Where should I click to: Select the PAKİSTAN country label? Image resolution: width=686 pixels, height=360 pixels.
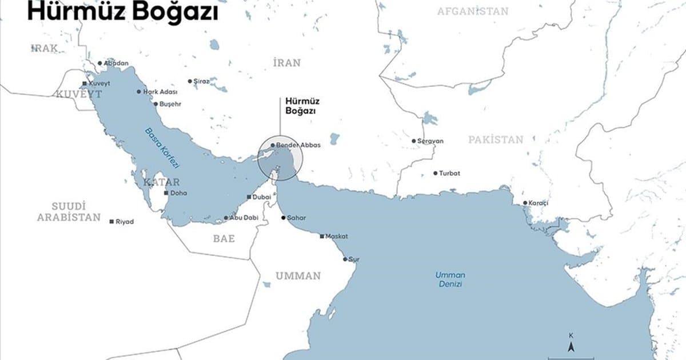coord(496,139)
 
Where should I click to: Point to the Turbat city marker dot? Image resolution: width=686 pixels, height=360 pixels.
coord(435,173)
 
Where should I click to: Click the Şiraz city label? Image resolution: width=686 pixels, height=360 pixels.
coord(201,82)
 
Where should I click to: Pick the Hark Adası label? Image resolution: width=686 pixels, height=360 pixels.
coord(160,92)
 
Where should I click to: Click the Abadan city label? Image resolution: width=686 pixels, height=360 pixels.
coord(116,63)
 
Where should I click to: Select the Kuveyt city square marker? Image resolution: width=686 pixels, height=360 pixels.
coord(85,83)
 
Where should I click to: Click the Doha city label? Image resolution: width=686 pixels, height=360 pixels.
coord(179,193)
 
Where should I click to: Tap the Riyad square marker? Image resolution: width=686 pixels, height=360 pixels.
coord(111,221)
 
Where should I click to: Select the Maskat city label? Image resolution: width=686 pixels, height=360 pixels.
coord(336,236)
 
